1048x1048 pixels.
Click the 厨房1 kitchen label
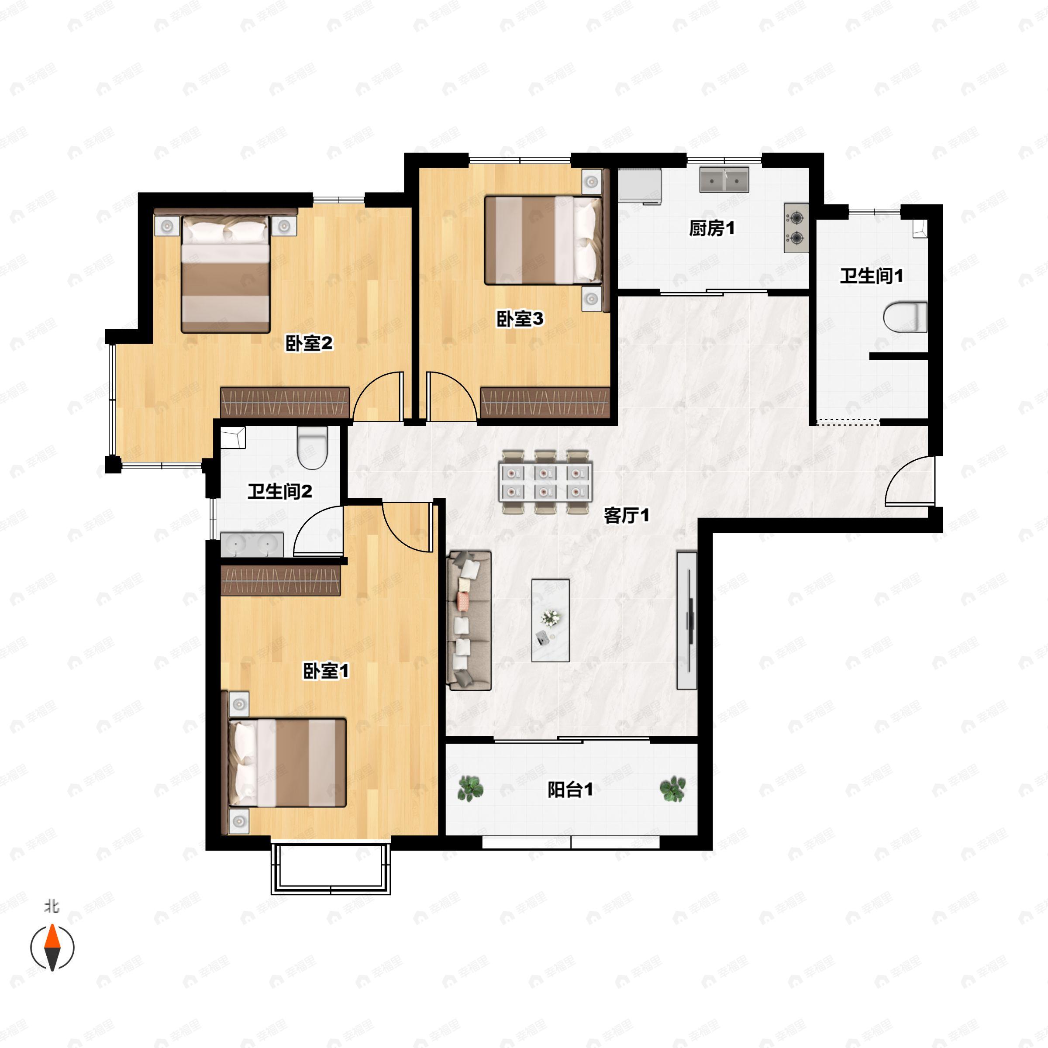(x=712, y=228)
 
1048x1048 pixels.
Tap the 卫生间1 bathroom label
(x=871, y=276)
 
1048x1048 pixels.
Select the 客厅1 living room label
(x=627, y=515)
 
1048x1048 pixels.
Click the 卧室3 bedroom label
(x=520, y=319)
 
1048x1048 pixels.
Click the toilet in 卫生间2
(x=313, y=448)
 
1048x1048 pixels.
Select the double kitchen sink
(x=724, y=179)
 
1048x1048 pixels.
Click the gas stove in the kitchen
(x=796, y=228)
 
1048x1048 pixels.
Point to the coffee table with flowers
(x=550, y=621)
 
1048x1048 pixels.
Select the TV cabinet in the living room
(x=687, y=621)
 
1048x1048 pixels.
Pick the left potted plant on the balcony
(x=470, y=788)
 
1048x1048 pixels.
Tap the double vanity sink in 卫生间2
(x=252, y=545)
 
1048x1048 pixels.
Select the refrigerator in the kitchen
(x=641, y=186)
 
